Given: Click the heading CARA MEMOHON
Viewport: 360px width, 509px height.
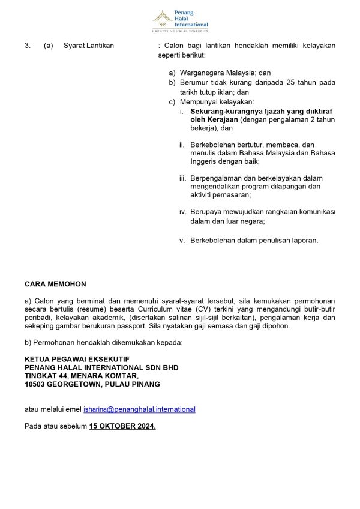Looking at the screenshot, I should pyautogui.click(x=55, y=283).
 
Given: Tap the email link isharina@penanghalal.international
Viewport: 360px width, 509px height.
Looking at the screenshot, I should pyautogui.click(x=139, y=409).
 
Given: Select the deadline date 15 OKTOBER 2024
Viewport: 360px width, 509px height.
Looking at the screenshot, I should pyautogui.click(x=122, y=426).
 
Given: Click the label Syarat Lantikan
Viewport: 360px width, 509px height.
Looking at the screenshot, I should pyautogui.click(x=88, y=46).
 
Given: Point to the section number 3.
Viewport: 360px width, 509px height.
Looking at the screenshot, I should pyautogui.click(x=27, y=46).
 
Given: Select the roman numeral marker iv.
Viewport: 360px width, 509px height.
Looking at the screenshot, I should pyautogui.click(x=183, y=211).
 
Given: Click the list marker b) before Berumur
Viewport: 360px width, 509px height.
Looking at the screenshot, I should pyautogui.click(x=172, y=82).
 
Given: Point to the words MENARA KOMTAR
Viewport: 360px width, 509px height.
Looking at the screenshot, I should pyautogui.click(x=106, y=376).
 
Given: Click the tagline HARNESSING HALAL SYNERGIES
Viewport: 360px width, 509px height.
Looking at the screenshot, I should pyautogui.click(x=180, y=30).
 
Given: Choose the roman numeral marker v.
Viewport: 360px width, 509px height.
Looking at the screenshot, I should pyautogui.click(x=182, y=241).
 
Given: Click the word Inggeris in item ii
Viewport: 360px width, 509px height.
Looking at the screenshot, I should pyautogui.click(x=205, y=161).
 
